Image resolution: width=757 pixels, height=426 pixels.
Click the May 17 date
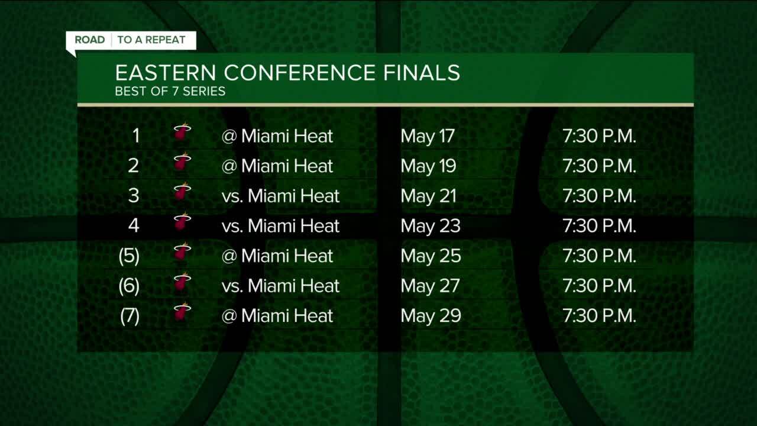point(427,136)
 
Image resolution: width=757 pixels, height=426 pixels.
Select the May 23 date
point(430,226)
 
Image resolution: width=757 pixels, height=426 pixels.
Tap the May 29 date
point(430,316)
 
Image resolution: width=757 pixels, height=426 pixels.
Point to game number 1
point(135,136)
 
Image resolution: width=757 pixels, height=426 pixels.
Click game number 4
point(134,226)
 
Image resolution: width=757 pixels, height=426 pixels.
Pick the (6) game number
point(129,286)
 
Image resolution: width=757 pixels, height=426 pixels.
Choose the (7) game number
point(130,316)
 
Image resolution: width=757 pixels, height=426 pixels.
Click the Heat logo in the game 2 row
point(182,162)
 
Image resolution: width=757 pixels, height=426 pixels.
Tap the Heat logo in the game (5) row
point(182,252)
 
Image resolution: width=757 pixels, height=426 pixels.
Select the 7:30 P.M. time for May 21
point(599,196)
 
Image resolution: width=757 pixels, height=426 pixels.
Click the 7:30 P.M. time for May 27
point(599,286)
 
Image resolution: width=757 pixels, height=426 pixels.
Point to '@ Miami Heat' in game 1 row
point(277,136)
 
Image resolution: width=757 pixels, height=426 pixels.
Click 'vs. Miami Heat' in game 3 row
point(280,196)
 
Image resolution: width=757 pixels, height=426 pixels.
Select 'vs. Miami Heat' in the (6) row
point(280,286)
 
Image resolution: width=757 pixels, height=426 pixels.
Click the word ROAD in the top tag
point(90,40)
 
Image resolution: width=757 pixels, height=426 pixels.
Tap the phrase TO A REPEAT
point(151,40)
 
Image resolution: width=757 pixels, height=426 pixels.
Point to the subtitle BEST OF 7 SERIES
point(170,92)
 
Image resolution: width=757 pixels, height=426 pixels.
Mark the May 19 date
point(428,166)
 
